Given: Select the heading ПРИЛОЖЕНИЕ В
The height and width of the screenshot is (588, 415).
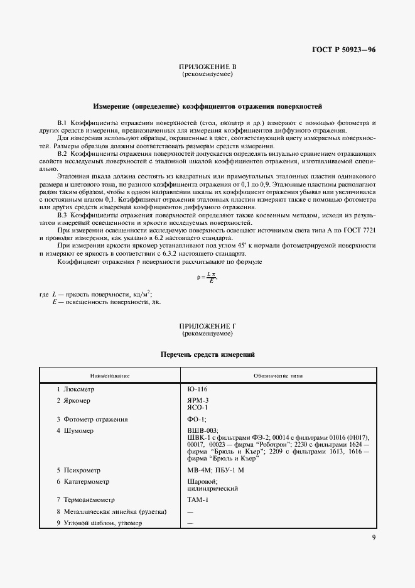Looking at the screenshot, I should click(207, 67).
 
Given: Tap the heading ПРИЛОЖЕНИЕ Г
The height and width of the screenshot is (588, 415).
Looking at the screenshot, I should click(207, 325).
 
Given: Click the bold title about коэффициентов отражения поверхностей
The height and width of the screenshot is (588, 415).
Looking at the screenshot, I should click(207, 106).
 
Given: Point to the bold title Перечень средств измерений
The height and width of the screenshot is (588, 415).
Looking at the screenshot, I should click(207, 355).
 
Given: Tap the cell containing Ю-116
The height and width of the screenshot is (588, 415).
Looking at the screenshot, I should click(197, 389).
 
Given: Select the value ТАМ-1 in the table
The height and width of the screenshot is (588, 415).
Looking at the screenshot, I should click(198, 499).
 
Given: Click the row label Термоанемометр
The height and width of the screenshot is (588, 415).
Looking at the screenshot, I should click(89, 499).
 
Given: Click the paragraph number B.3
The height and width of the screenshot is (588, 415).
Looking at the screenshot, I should click(62, 215).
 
